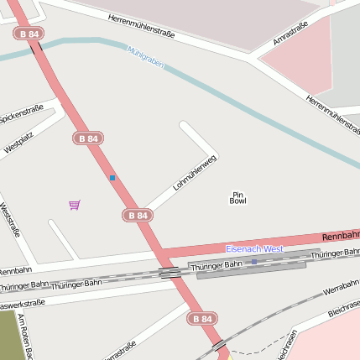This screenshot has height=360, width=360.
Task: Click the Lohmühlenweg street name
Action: pos(195,174)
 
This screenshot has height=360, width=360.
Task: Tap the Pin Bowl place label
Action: pos(238,198)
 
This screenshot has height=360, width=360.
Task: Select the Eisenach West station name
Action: pos(254,249)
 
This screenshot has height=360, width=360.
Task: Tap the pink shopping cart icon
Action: pos(75,205)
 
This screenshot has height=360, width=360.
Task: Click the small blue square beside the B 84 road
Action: pos(112,178)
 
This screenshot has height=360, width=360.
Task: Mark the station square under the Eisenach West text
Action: pos(254,261)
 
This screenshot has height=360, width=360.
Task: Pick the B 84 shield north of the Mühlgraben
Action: pos(28,34)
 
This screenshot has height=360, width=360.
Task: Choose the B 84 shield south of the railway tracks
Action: pos(201,319)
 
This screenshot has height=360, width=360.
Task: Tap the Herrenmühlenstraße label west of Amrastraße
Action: pos(141,27)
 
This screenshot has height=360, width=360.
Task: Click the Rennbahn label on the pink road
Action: pos(341,236)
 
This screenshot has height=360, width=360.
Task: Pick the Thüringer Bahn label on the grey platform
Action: pos(215,266)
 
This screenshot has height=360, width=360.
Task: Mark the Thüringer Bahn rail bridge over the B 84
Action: pos(170,272)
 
